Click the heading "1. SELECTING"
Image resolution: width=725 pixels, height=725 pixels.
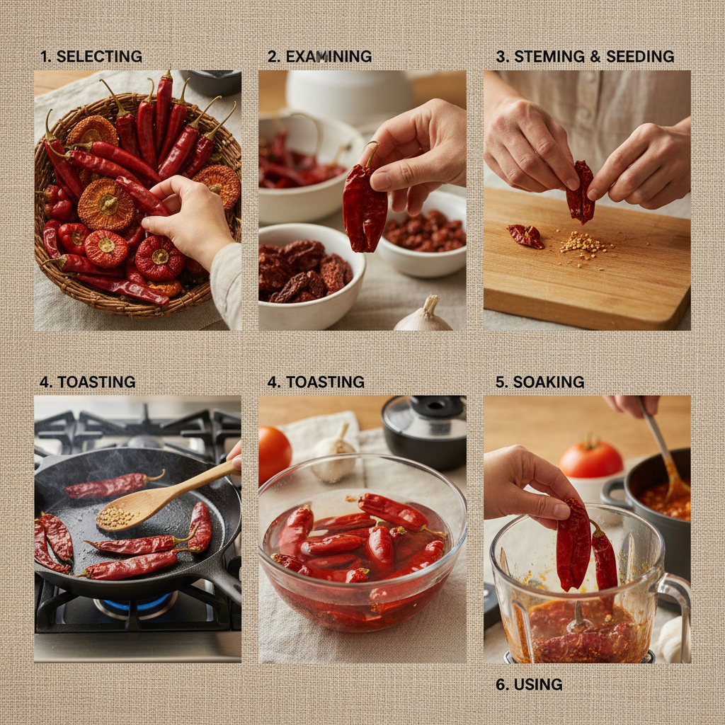(91, 57)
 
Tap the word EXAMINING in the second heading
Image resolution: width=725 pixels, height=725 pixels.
(329, 57)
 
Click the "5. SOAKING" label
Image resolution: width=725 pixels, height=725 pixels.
(540, 382)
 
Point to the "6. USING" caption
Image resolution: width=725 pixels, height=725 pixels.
(529, 685)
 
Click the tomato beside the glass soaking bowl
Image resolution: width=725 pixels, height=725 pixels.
(274, 454)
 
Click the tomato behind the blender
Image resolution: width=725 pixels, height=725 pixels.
(591, 458)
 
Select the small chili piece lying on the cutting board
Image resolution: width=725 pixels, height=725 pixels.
(525, 236)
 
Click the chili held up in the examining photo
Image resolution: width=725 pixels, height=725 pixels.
(365, 203)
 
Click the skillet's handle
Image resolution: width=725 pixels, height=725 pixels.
(227, 582)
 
